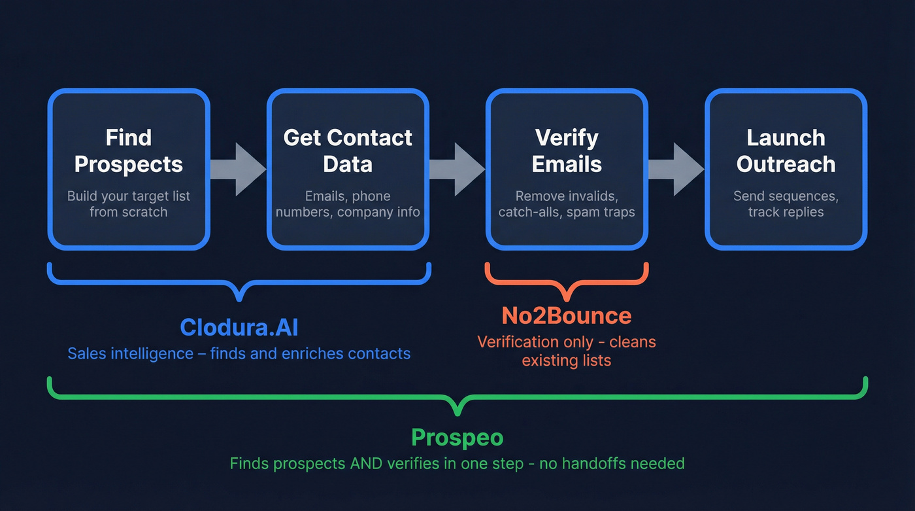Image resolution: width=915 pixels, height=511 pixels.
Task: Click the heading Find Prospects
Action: click(129, 151)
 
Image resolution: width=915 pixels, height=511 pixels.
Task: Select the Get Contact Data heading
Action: click(348, 151)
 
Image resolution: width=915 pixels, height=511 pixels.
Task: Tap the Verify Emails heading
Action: click(567, 151)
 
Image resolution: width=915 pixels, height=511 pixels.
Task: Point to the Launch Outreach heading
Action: click(786, 151)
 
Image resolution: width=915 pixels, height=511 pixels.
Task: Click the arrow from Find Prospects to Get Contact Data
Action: click(239, 169)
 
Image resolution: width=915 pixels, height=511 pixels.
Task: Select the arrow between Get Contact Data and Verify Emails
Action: click(457, 169)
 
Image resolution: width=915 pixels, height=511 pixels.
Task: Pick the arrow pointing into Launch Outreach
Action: click(676, 169)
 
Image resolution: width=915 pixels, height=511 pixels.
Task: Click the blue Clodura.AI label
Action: click(239, 327)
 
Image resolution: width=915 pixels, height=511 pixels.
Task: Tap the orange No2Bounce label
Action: click(567, 316)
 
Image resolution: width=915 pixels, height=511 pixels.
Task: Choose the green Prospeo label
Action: click(457, 438)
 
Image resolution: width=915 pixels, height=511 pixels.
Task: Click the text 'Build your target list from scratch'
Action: click(129, 204)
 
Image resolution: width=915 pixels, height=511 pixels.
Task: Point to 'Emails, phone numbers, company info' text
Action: click(348, 204)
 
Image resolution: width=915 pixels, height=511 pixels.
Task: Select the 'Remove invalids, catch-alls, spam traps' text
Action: click(567, 204)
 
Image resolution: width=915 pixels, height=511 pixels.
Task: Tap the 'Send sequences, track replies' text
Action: click(786, 204)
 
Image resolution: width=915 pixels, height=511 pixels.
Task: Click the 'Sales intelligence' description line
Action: click(239, 353)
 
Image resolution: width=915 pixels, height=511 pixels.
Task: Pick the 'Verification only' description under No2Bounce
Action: click(567, 351)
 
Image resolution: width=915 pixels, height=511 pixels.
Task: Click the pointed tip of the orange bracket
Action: click(567, 300)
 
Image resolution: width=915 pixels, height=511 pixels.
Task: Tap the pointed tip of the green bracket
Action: click(457, 415)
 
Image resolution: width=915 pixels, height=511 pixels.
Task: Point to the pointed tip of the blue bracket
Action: click(239, 300)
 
